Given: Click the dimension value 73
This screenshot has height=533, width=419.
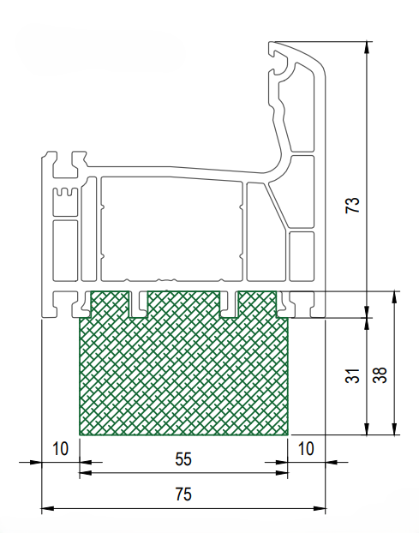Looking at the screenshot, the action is pos(352,205).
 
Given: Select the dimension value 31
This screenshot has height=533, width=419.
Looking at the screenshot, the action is pos(352,375).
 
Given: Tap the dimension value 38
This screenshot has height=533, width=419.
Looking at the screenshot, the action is pos(380,375).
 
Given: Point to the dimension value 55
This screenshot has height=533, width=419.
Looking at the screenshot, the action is pos(183,459).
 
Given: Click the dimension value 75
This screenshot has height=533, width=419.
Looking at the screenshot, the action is pos(183,494).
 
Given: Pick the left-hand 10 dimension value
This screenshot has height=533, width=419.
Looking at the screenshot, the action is pos(61,449).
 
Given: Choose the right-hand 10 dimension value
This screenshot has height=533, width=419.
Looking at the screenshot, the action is pos(306,449).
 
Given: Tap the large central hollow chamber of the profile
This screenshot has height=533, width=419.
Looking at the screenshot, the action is pos(171,229).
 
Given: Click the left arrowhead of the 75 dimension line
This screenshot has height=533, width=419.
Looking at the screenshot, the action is pos(47,509).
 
